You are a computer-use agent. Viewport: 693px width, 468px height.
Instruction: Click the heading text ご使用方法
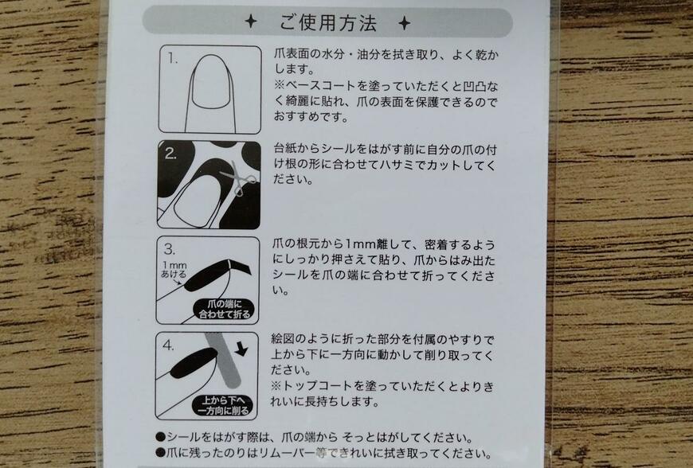pos(328,22)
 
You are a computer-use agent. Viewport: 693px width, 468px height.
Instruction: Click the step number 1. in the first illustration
pos(170,58)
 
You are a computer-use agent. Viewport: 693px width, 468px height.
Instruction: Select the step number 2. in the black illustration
pos(171,154)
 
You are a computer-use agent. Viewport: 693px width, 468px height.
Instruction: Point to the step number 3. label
pos(170,249)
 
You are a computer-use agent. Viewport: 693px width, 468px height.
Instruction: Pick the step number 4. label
pos(170,345)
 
